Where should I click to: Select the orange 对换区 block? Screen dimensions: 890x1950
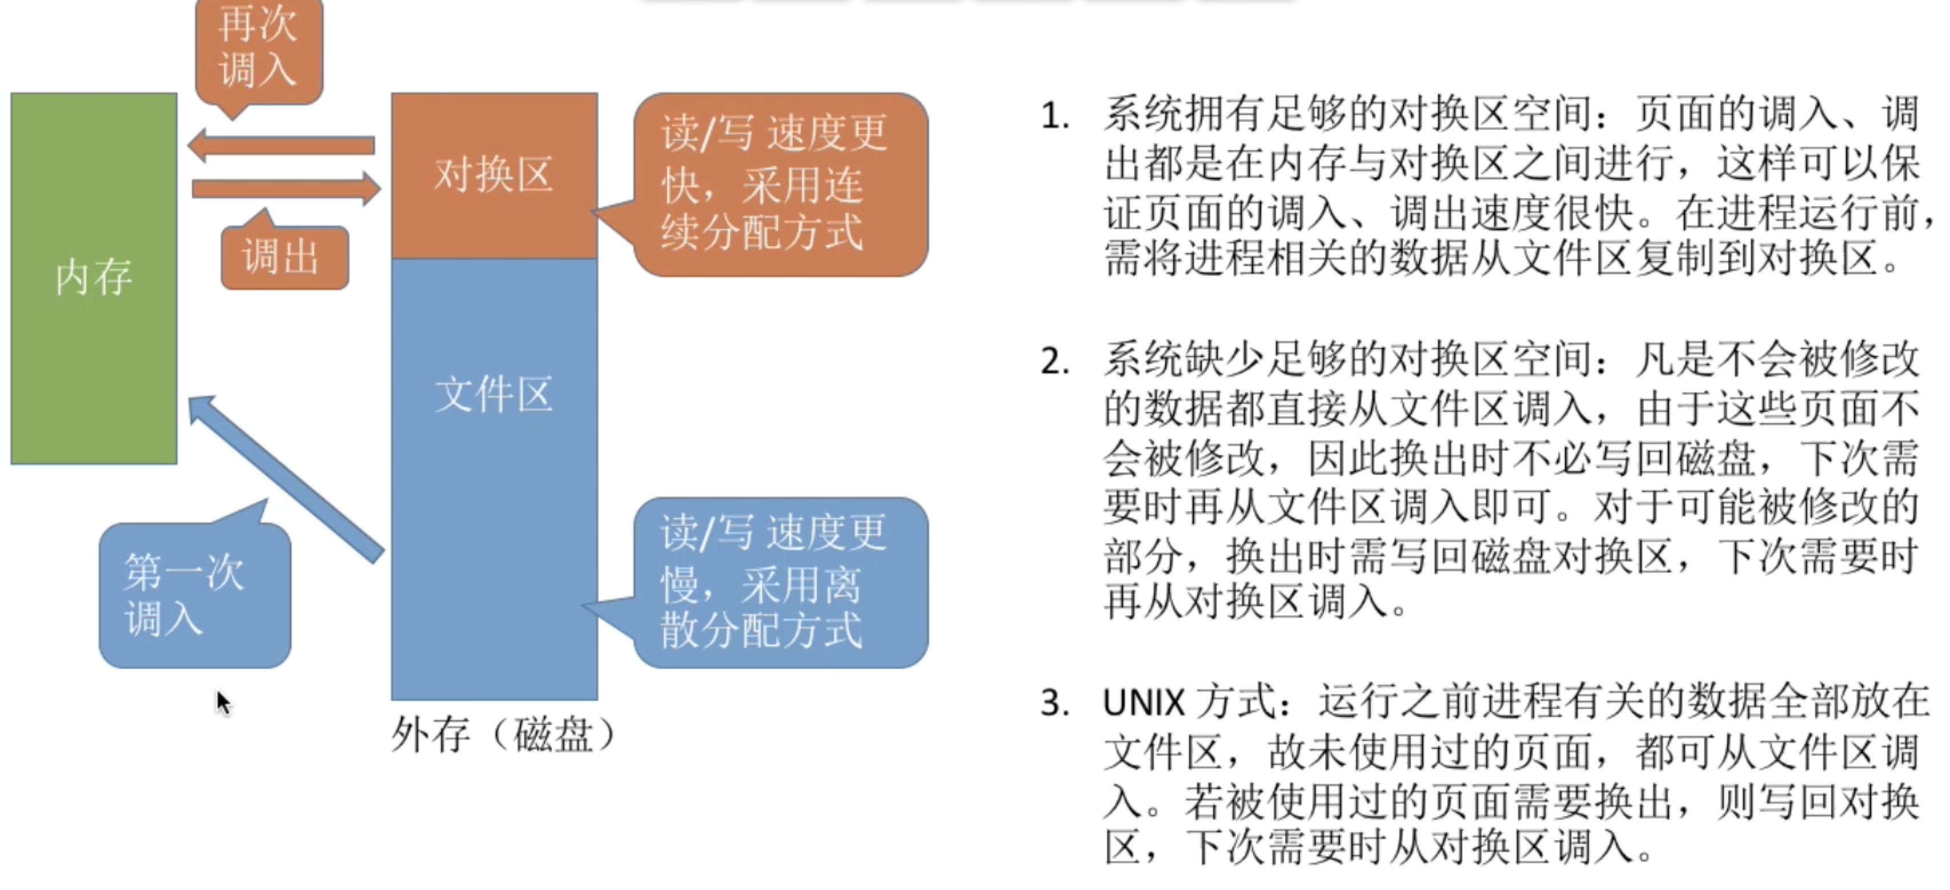pyautogui.click(x=493, y=175)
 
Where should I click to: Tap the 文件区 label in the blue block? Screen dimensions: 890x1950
pyautogui.click(x=493, y=395)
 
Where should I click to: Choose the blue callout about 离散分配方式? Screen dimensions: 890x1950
pyautogui.click(x=780, y=583)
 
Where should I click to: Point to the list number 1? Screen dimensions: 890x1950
pyautogui.click(x=1054, y=117)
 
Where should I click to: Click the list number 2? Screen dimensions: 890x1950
pyautogui.click(x=1054, y=362)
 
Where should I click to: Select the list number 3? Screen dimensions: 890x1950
pyautogui.click(x=1054, y=704)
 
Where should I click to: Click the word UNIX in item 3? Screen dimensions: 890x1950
pyautogui.click(x=1143, y=704)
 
